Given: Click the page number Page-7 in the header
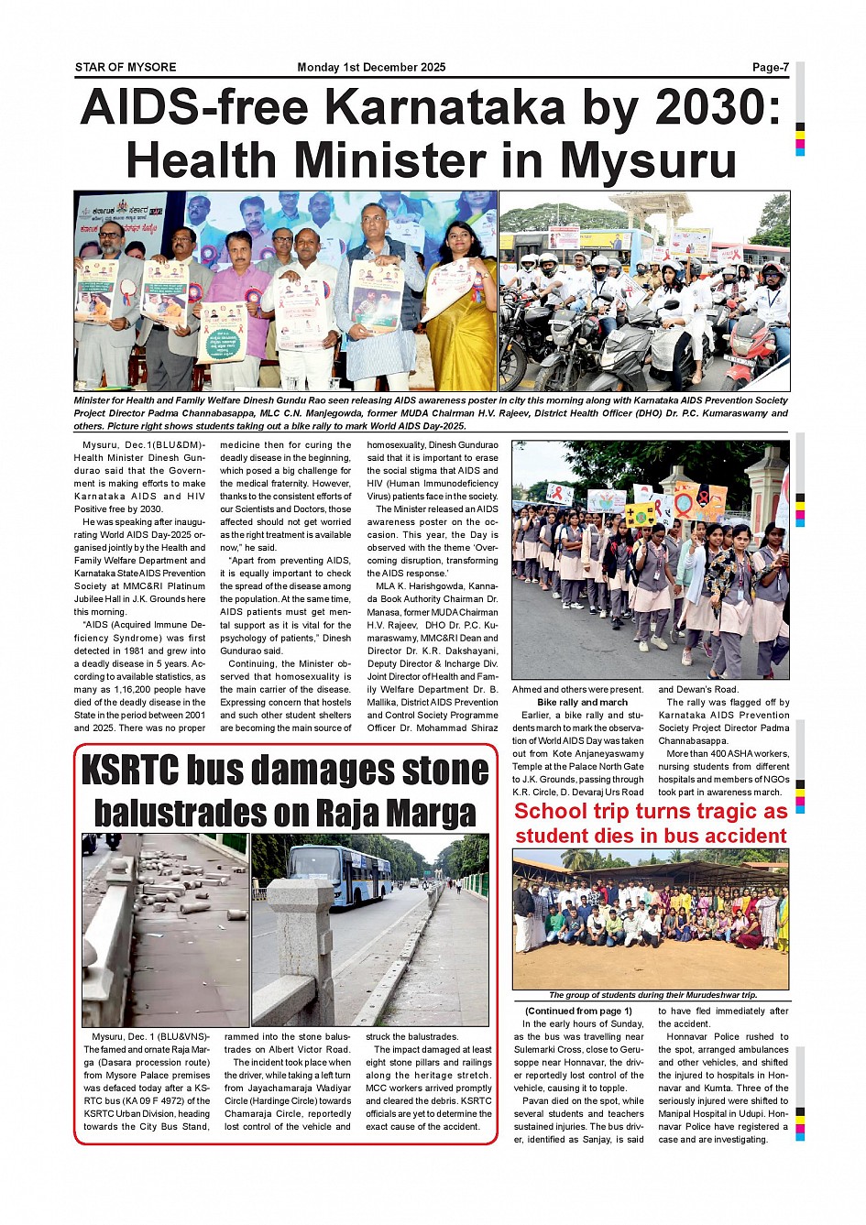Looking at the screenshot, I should pyautogui.click(x=770, y=67).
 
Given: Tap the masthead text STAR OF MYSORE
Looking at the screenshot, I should pyautogui.click(x=126, y=67).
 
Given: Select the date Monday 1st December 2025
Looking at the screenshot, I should pyautogui.click(x=371, y=67).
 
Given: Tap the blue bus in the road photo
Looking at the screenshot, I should pyautogui.click(x=326, y=875).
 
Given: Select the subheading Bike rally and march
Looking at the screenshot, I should pyautogui.click(x=582, y=703).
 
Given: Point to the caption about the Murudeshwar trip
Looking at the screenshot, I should pyautogui.click(x=652, y=995).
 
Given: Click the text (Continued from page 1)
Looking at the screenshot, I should pyautogui.click(x=578, y=1012).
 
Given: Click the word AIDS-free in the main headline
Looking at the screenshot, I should pyautogui.click(x=194, y=108).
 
